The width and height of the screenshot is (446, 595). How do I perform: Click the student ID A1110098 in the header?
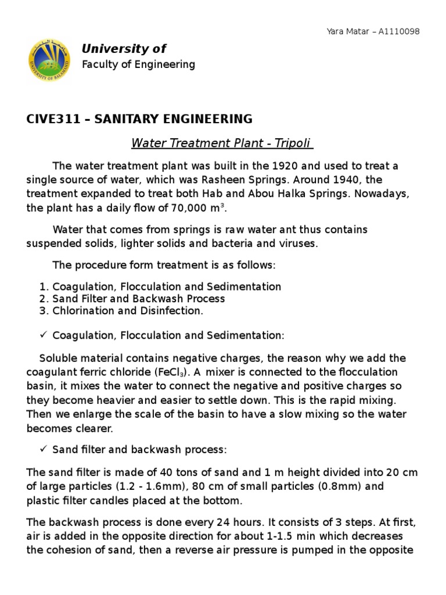[x=399, y=31]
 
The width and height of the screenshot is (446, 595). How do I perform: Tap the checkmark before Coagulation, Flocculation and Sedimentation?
[x=43, y=335]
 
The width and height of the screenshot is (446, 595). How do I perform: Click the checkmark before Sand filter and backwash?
[x=43, y=450]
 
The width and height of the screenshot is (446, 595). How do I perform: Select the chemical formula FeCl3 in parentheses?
[x=172, y=372]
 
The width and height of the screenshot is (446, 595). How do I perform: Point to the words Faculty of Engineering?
[x=138, y=64]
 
